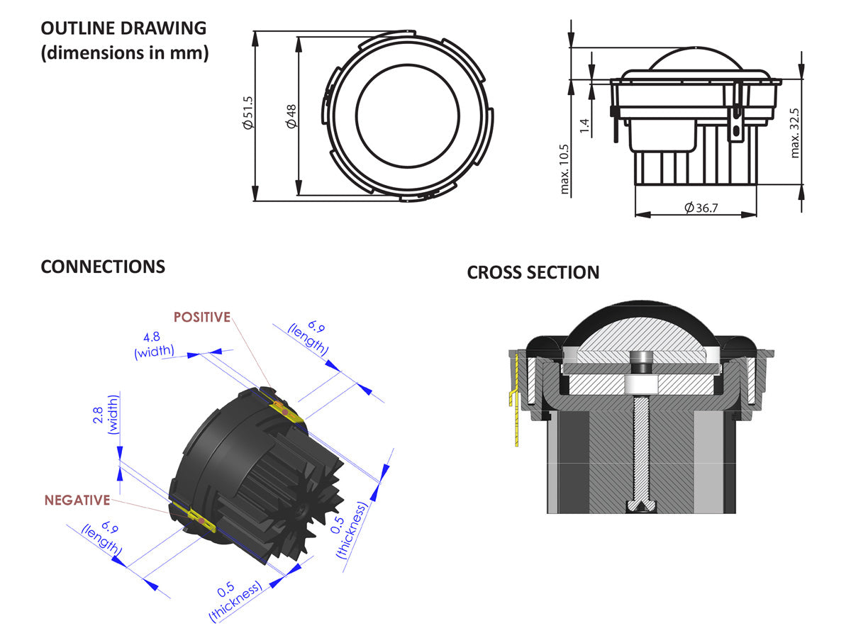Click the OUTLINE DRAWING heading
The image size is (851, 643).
(x=123, y=28)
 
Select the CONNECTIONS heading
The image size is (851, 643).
(x=103, y=267)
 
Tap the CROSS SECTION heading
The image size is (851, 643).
(x=533, y=272)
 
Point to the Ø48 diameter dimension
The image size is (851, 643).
(x=291, y=115)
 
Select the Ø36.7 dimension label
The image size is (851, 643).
(x=701, y=208)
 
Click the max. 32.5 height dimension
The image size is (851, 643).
(x=795, y=133)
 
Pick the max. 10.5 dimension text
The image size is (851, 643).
(x=565, y=169)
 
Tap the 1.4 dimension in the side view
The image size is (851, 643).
(x=584, y=126)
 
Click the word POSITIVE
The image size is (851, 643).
(x=202, y=317)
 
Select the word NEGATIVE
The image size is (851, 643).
(x=77, y=500)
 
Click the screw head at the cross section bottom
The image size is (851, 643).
(x=641, y=506)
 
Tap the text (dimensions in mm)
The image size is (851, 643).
(x=125, y=52)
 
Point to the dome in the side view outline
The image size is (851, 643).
(x=696, y=60)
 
